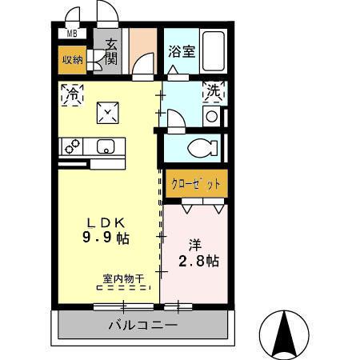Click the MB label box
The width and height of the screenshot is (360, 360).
click(x=72, y=34)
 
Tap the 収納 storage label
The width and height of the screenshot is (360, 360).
click(x=72, y=59)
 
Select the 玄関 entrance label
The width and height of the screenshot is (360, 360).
click(x=109, y=52)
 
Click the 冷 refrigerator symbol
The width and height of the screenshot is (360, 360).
click(x=70, y=93)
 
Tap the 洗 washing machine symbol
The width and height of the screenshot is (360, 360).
click(x=214, y=92)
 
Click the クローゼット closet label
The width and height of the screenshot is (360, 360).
click(x=195, y=183)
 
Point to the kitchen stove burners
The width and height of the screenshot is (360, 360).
click(x=73, y=146)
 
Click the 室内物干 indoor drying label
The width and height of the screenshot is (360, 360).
click(x=122, y=279)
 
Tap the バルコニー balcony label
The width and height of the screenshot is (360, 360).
click(x=143, y=326)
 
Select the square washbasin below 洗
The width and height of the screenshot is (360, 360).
click(x=211, y=116)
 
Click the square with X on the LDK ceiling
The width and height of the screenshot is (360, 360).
click(x=108, y=112)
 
